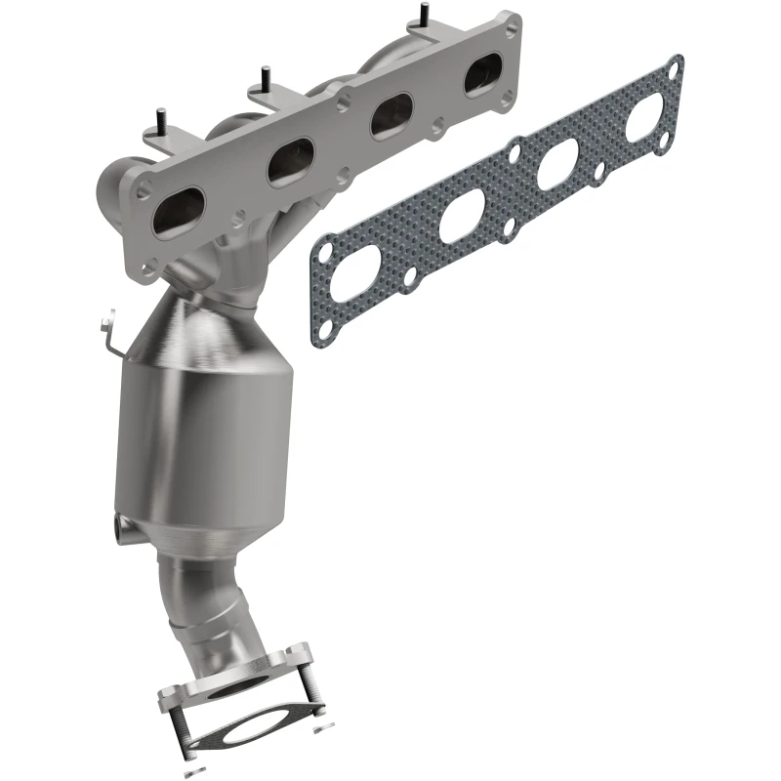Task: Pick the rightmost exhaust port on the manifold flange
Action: [x=482, y=75]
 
